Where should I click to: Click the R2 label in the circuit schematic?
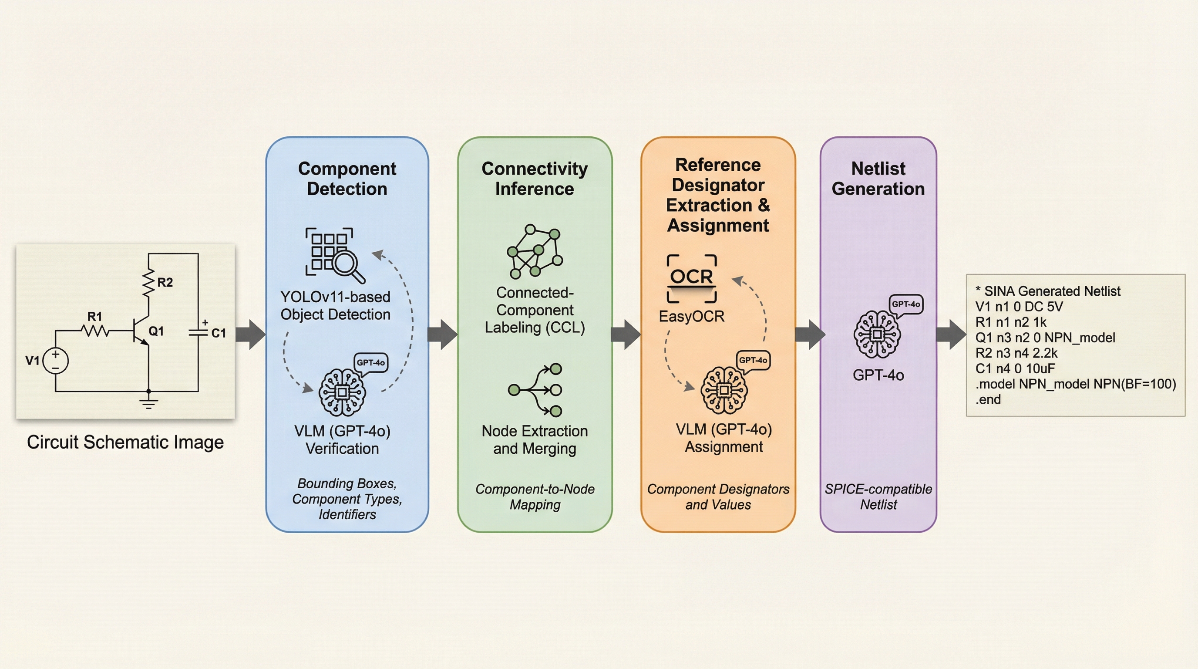coord(165,282)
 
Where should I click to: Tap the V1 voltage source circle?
coord(56,361)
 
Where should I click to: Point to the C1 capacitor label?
coord(219,333)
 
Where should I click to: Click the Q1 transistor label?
coord(156,331)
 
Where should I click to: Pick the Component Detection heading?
coord(347,179)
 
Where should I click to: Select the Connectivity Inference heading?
coord(535,179)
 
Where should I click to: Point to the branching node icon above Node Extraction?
coord(535,390)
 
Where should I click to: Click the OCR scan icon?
coord(692,278)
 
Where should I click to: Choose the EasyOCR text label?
coord(692,316)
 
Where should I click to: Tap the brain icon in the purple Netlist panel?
coord(877,334)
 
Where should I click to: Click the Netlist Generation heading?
coord(878,179)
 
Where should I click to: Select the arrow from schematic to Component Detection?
coord(251,334)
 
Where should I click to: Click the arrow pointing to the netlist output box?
coord(951,334)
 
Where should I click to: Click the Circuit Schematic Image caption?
coord(125,442)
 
